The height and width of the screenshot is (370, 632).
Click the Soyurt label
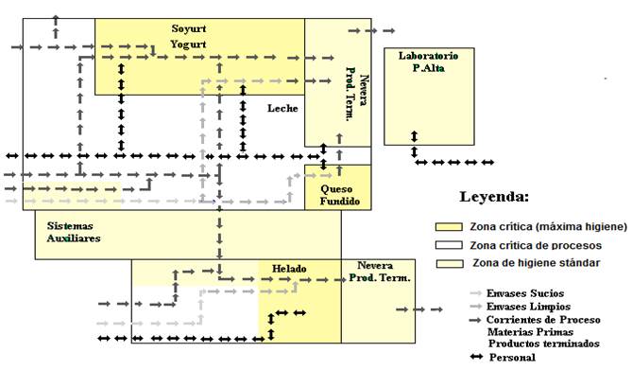pos(189,28)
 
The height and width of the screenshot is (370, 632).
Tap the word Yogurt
pos(188,44)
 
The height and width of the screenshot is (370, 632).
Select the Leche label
pos(282,108)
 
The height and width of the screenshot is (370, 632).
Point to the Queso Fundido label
pos(340,195)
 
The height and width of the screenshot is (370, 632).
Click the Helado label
pos(289,269)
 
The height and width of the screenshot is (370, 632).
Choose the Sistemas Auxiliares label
pos(74,232)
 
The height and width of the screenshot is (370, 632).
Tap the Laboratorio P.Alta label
pos(429,62)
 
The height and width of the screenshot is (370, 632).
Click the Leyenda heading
pos(494,197)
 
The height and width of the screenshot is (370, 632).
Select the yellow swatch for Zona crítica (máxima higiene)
pos(449,226)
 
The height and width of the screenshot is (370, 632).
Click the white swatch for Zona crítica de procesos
pos(449,245)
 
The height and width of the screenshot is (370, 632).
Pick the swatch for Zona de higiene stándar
pos(450,263)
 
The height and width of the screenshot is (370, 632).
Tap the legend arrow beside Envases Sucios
pos(475,293)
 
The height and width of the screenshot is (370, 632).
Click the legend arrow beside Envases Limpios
pos(475,307)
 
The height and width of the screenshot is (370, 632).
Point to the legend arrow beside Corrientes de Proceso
pos(475,320)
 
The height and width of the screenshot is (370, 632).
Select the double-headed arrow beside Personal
pos(476,357)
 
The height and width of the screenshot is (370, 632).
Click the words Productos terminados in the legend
pos(544,344)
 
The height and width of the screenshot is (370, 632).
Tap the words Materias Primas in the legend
pos(530,332)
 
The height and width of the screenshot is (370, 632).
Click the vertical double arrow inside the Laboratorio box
pos(415,136)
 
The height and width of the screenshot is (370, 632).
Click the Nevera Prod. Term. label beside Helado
pos(380,272)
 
